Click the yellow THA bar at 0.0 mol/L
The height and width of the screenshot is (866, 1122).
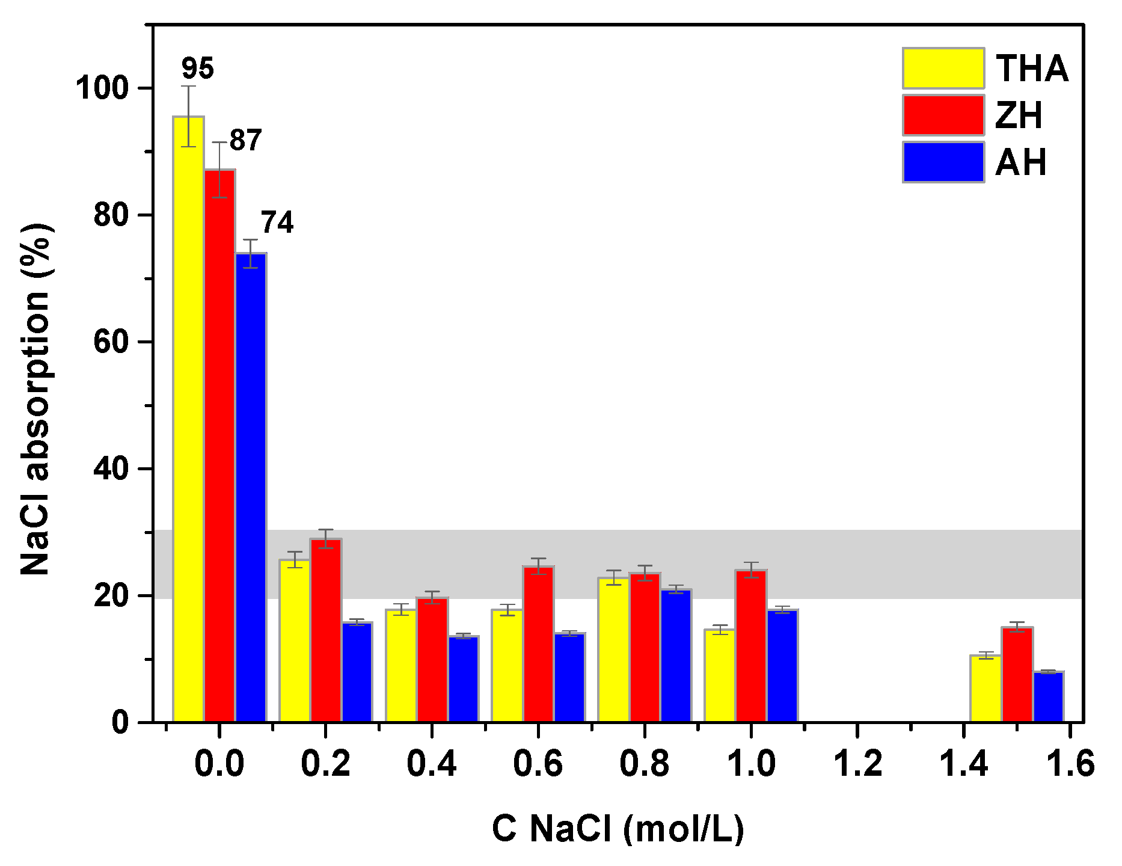pos(188,421)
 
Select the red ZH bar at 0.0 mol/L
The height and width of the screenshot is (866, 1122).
pos(219,445)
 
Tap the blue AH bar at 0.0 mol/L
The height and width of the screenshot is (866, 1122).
pos(251,487)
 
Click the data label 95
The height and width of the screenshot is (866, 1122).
pos(197,69)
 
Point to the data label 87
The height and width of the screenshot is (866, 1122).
pos(245,140)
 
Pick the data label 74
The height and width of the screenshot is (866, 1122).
pos(277,223)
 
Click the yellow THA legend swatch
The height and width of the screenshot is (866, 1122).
pos(943,68)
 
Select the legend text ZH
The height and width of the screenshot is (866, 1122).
pos(1019,115)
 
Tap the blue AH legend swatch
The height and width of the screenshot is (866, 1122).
pos(943,162)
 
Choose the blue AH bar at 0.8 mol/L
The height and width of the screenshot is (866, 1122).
pos(676,656)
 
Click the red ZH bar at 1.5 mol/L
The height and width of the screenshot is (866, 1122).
pos(1017,674)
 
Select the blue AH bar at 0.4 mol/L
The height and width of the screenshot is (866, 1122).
pos(464,679)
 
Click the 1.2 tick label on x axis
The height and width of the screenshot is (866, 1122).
pos(857,764)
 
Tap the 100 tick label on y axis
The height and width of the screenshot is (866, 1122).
pos(102,88)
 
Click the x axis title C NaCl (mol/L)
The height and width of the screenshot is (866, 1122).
pos(618,829)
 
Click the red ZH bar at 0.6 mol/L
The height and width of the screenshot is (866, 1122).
pos(538,643)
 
